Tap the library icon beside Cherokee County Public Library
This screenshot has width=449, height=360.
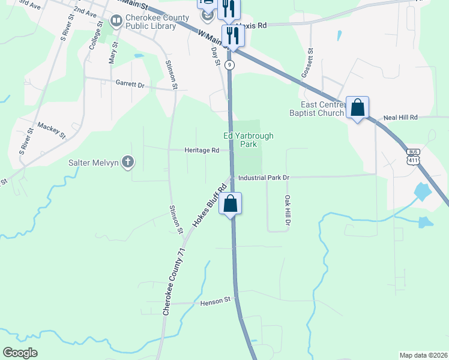[116, 22]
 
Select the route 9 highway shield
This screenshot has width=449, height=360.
[230, 65]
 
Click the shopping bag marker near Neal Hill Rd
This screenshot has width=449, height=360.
[357, 108]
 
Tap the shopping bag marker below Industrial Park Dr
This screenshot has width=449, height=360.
[230, 204]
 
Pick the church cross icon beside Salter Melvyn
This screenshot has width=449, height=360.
[127, 161]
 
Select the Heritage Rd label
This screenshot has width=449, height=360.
[202, 151]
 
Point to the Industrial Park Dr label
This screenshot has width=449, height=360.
[264, 178]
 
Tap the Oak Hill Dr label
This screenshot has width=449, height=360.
[288, 211]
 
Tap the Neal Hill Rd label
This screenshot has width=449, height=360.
[400, 118]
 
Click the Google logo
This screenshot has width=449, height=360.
[20, 353]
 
